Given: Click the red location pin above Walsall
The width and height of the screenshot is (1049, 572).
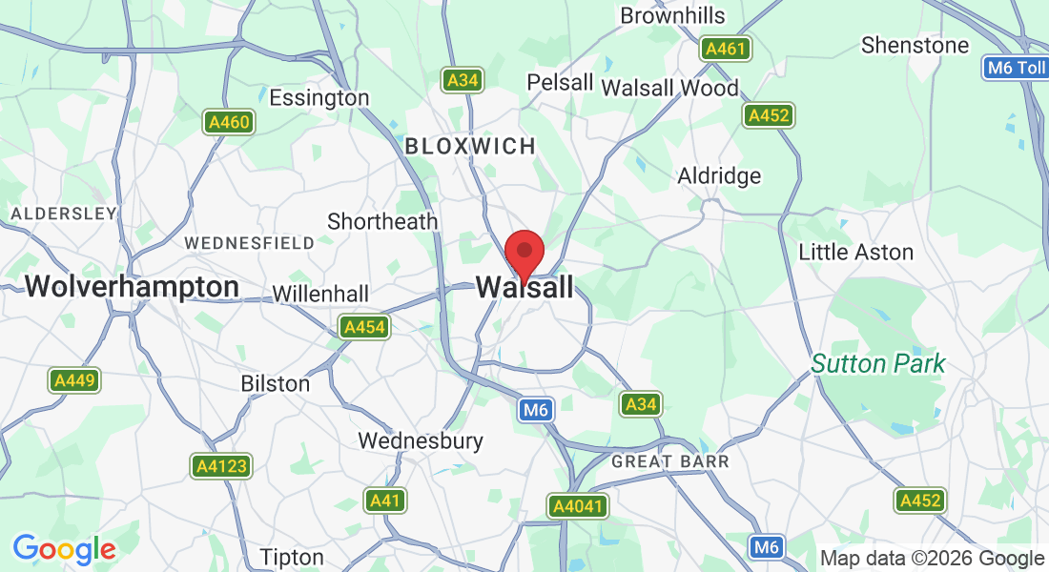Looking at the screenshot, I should [524, 252].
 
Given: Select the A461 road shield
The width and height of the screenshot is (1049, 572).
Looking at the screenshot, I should [726, 49].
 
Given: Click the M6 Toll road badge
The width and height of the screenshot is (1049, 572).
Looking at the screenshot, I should [1016, 68].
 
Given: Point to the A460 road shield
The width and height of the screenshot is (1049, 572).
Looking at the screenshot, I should [229, 121].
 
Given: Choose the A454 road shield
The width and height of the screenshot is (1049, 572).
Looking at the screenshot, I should [364, 328].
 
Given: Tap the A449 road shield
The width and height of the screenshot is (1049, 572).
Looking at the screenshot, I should [74, 380].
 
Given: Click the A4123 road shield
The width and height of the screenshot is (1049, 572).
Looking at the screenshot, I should [220, 466].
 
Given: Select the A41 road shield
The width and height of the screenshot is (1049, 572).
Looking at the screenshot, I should [385, 500].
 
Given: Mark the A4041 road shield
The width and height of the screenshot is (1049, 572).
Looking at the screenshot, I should [578, 505].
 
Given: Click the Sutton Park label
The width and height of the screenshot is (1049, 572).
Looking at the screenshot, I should [878, 363].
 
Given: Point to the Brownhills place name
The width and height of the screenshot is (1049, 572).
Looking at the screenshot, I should [672, 16].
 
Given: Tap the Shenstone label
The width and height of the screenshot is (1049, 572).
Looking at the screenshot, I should [915, 45].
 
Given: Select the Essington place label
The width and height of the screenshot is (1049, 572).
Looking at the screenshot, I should [319, 97].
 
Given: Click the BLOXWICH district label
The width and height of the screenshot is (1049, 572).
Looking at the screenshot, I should [470, 146].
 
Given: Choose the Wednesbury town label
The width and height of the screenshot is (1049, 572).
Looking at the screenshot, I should [421, 441].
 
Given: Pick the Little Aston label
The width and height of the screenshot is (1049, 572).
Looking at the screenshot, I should [855, 253].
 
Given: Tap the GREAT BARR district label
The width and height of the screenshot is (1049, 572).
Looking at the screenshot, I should [669, 461].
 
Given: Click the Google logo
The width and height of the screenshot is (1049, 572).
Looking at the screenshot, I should [64, 549].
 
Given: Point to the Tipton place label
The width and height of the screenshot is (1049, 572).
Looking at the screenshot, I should [292, 557].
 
